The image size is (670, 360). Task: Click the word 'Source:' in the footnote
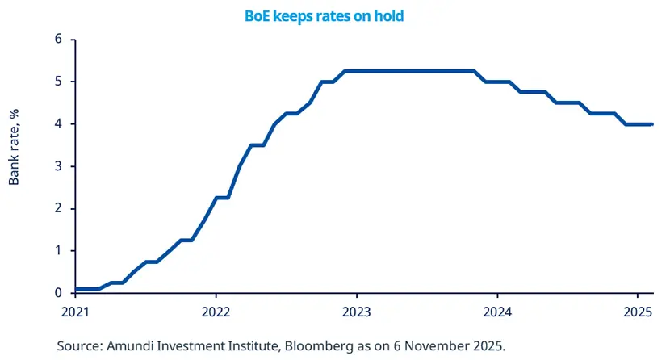(78, 346)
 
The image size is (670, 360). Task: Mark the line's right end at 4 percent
(651, 124)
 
